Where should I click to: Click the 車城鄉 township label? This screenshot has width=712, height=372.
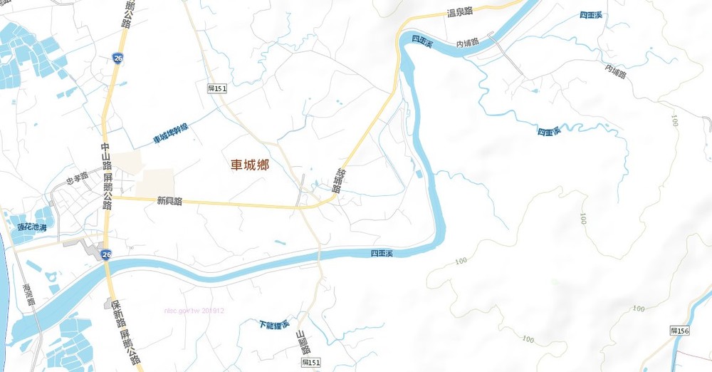pos(249,165)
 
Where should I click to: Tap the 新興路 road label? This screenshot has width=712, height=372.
pos(169,202)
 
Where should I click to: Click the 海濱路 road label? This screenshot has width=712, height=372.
pos(28,294)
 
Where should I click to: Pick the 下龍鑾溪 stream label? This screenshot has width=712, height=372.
pos(274,325)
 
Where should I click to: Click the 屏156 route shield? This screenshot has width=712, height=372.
pos(680,331)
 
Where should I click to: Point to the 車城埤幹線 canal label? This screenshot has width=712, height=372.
pos(171,133)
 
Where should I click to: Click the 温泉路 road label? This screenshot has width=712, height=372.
pos(459,12)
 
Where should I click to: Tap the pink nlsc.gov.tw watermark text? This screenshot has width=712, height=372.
pos(194,311)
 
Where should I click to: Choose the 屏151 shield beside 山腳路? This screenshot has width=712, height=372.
pos(310,363)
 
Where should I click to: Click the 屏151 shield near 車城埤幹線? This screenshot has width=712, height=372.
pos(216,88)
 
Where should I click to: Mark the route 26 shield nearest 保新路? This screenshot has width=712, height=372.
pos(106,254)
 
